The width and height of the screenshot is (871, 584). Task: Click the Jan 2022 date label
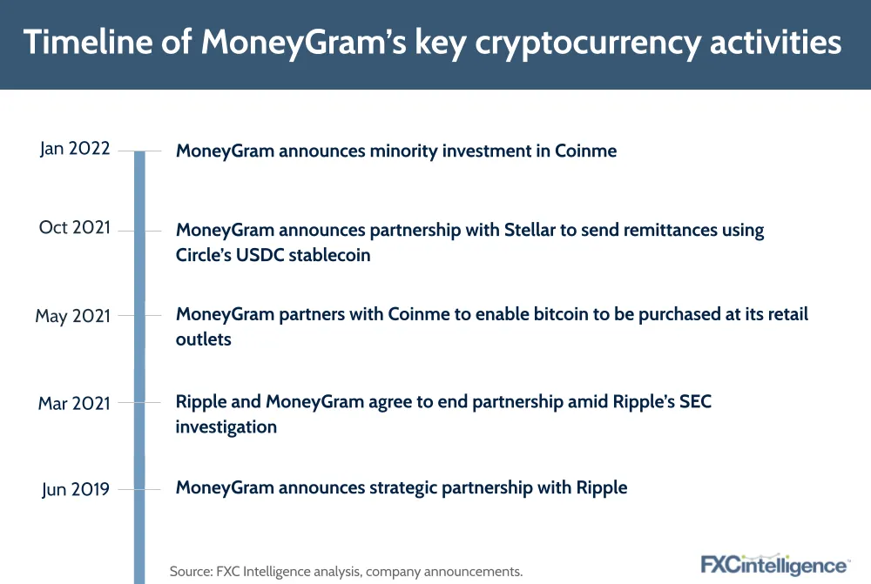75,149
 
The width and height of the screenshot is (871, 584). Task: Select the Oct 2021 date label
75,227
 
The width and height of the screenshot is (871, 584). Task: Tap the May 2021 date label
73,316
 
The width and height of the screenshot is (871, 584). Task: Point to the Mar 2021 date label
74,403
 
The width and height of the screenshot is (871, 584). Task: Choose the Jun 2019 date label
76,490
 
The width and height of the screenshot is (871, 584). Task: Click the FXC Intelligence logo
775,565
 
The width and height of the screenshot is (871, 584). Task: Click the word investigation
226,426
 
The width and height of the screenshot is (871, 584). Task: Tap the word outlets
203,339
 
